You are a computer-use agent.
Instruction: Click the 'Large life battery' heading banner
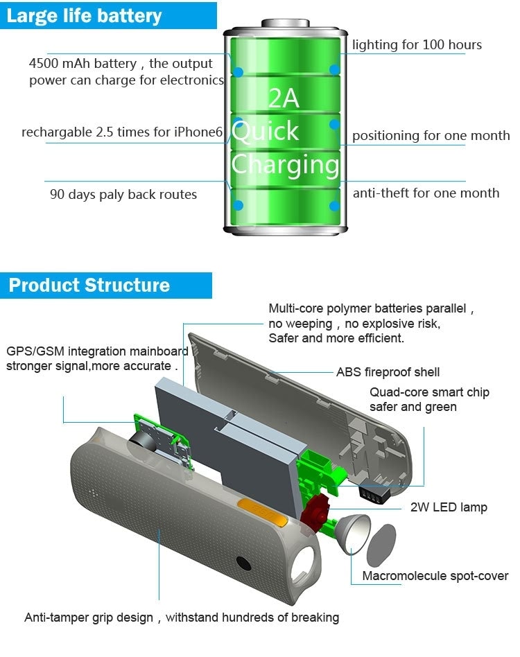coord(108,15)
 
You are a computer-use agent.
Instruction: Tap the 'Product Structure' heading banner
coord(105,286)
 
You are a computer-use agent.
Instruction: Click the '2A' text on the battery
coord(284,98)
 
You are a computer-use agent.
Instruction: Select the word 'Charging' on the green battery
coord(285,165)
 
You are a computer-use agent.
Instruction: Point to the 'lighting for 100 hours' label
coord(417,44)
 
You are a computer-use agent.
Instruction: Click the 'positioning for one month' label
coord(431,136)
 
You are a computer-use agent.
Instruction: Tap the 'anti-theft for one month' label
coord(426,193)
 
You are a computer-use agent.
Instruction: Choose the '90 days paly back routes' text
coord(123,195)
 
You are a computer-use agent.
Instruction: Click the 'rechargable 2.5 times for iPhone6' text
coord(122,132)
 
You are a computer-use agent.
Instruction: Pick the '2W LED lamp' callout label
coord(449,507)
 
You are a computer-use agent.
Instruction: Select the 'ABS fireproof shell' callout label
coord(388,372)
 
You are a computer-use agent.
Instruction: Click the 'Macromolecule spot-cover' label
coord(435,576)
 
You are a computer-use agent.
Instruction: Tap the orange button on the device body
coord(263,510)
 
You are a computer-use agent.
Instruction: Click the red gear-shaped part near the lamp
coord(315,510)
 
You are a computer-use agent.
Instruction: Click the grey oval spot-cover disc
coord(381,545)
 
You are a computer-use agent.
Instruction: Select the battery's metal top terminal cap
coord(286,23)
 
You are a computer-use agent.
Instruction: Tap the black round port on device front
coord(243,563)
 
